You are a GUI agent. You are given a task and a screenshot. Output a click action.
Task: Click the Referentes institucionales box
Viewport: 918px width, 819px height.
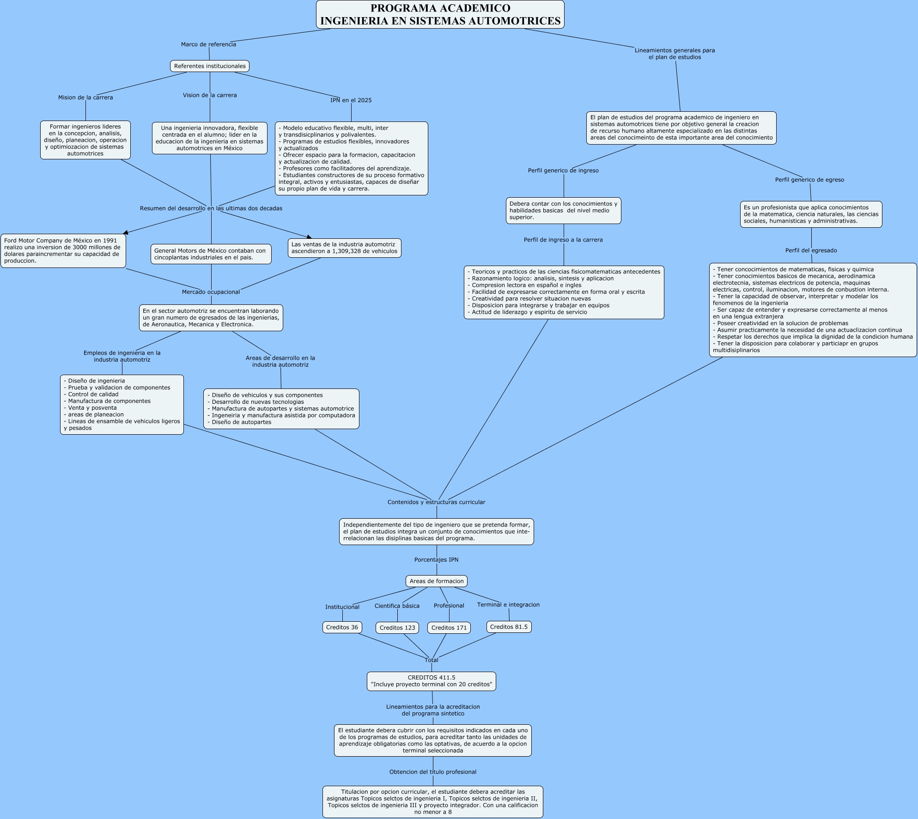210,66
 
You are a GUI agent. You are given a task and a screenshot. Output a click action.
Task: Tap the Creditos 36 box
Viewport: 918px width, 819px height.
342,627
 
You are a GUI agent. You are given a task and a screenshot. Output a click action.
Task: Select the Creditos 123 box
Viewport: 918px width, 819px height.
397,628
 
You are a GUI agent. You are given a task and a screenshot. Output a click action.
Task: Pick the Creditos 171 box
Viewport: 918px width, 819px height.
449,628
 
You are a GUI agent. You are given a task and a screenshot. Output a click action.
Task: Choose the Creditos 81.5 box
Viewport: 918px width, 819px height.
509,627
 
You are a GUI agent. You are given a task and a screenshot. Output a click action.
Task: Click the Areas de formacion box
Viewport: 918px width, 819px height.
437,581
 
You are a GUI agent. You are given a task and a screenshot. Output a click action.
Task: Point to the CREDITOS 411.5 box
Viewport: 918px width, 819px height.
432,681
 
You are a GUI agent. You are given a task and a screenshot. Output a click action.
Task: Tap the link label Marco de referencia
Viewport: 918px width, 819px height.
208,44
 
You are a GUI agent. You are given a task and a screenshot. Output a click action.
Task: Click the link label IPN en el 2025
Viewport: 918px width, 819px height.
351,100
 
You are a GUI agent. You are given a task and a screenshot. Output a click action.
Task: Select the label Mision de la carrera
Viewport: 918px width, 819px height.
85,97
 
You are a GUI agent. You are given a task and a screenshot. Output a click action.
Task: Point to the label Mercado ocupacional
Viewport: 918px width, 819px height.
211,292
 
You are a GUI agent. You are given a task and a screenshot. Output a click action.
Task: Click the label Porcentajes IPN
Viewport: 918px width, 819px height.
436,560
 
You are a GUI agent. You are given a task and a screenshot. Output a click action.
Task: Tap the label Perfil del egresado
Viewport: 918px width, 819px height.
811,250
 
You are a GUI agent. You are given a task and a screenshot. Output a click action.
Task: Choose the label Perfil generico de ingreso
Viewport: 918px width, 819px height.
563,170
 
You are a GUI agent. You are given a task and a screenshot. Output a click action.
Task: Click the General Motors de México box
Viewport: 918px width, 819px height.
211,254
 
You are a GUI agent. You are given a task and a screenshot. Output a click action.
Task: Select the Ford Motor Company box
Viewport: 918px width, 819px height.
63,251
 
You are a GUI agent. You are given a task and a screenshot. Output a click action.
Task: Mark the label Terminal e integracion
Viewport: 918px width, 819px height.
508,605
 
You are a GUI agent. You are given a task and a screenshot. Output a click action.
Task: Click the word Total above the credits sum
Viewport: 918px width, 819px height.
431,660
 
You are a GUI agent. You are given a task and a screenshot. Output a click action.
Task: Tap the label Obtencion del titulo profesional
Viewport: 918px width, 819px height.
432,772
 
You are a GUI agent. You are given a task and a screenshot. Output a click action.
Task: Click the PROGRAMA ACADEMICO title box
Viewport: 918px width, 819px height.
440,15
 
